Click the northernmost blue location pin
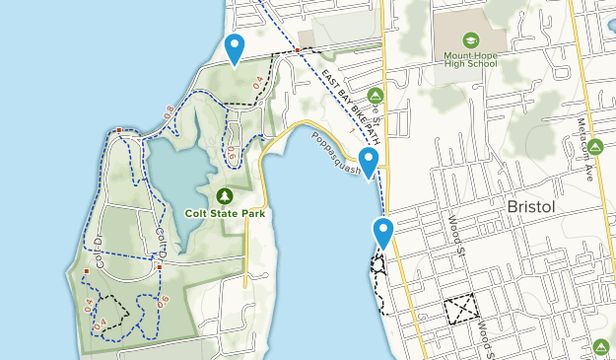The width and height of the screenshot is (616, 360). point(235,47)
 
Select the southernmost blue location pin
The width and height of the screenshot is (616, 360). point(383,234)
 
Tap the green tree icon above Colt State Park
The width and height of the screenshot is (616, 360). point(226,195)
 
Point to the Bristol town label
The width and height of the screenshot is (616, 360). point(533,208)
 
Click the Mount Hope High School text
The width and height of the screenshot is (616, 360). point(471,60)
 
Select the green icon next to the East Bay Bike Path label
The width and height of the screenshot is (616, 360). point(375,95)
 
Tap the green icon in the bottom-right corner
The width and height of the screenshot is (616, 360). point(601,346)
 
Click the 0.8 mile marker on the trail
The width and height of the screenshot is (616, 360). point(168,112)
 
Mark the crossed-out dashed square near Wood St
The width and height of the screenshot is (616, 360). point(458,310)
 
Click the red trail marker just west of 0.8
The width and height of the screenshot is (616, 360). point(118,130)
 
